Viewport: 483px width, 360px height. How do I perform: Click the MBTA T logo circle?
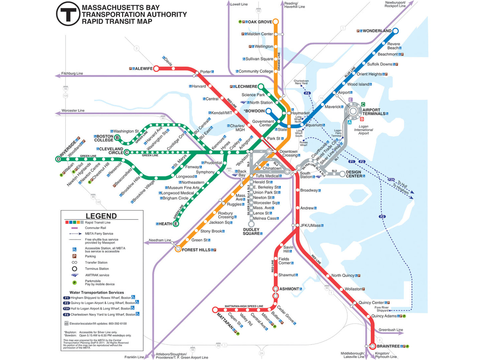coord(68,14)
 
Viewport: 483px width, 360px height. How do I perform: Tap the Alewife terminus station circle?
coord(156,69)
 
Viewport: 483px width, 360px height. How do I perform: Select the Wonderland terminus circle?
coord(395,31)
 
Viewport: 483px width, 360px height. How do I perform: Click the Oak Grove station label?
coord(260,22)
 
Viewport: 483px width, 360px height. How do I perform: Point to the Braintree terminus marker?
coord(373,346)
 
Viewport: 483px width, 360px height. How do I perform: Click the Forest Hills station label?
coord(196,250)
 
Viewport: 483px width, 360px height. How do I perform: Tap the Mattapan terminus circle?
coord(215,310)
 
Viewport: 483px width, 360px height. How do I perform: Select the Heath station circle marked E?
coord(176,224)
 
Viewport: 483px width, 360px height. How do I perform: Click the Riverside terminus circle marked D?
coord(58,159)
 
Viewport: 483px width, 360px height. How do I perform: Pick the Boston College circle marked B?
coord(117,138)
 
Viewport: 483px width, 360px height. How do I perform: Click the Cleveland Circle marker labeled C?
coord(126,153)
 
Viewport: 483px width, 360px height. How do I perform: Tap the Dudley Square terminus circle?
coord(251,224)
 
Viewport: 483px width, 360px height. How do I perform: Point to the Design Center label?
coord(354,174)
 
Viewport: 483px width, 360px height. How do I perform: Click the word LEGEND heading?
coord(101,216)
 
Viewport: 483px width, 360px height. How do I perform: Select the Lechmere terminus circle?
coord(261,87)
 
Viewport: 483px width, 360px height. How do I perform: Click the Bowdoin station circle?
coord(268,111)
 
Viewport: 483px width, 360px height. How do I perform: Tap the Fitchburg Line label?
coord(72,73)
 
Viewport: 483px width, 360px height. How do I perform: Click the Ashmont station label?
coord(289,289)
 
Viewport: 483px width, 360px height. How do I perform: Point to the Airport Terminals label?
coord(374,112)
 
